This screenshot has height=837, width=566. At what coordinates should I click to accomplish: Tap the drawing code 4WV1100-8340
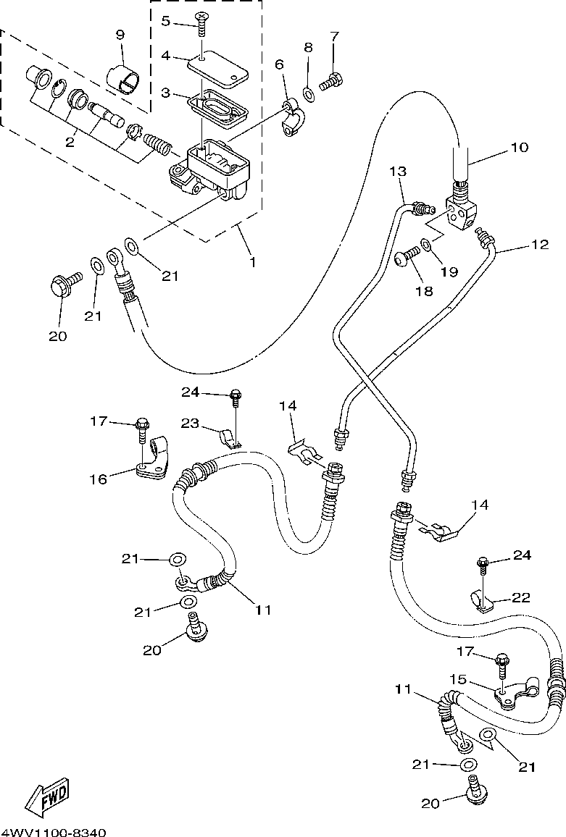(x=54, y=832)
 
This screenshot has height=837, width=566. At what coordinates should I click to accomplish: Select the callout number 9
(x=120, y=35)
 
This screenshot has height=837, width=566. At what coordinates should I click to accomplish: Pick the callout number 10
(x=519, y=147)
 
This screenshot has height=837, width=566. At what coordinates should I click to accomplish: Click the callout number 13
(x=398, y=172)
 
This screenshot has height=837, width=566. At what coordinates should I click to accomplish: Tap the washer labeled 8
(x=309, y=95)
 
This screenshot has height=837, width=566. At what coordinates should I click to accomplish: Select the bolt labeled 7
(x=331, y=82)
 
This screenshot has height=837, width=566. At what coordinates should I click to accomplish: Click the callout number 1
(x=252, y=262)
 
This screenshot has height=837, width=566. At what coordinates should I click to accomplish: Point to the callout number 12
(x=541, y=245)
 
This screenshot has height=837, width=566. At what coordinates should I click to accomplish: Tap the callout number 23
(x=189, y=424)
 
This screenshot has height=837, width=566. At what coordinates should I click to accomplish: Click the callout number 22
(x=521, y=597)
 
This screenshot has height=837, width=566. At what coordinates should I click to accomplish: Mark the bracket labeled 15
(x=514, y=694)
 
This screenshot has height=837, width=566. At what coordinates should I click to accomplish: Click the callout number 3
(x=166, y=93)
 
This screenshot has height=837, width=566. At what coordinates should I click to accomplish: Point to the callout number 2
(x=70, y=142)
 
